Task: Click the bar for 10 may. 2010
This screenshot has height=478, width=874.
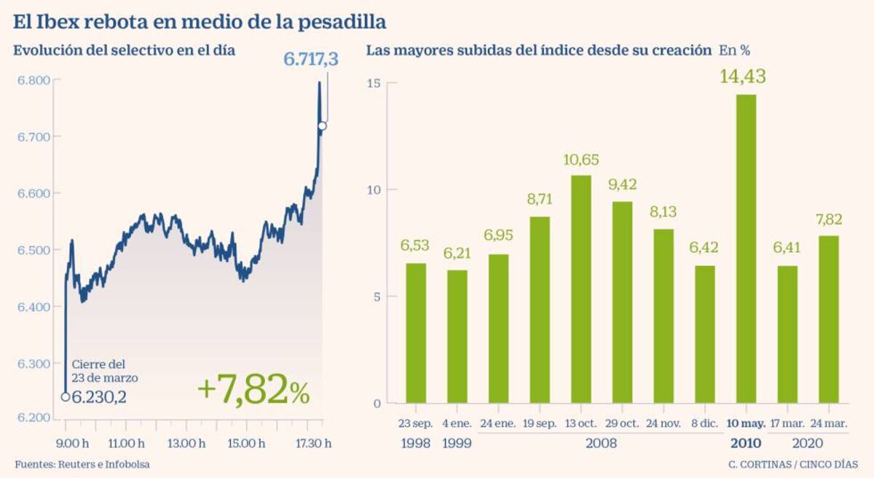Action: coord(746,248)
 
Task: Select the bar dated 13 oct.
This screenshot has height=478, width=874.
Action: coord(580,289)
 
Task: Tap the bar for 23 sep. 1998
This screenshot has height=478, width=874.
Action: coord(415,333)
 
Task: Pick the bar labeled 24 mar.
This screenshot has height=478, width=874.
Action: coord(829,319)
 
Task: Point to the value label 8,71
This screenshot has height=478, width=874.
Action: coord(539,199)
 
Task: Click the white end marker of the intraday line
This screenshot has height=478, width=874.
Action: coord(322,126)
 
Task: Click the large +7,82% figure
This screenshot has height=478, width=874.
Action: coord(253,391)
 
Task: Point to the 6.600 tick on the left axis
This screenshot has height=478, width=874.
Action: coord(34,193)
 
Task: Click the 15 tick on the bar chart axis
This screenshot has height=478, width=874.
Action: coord(374,84)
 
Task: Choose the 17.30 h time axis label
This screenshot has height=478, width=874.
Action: coord(312,443)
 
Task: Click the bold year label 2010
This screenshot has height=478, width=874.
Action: coord(745,443)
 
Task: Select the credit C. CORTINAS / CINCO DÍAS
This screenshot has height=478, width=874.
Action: coord(792,464)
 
